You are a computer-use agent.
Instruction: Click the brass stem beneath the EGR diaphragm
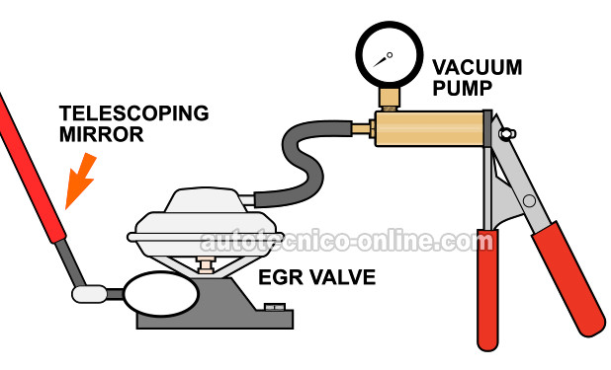(x=209, y=264)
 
